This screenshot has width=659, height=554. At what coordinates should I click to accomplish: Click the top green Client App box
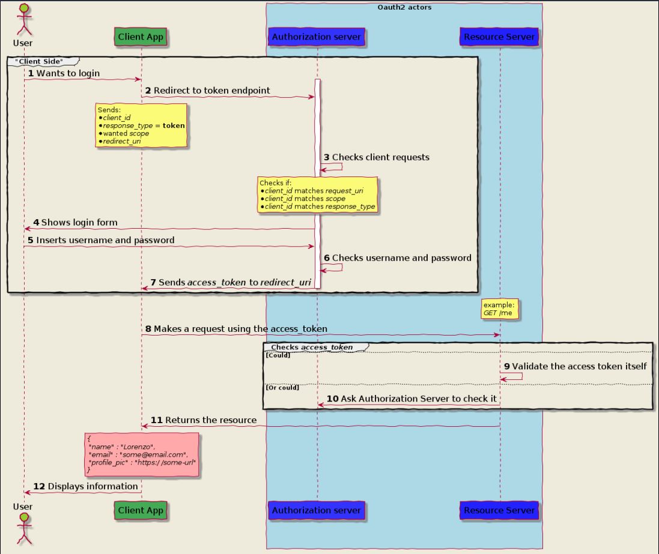(x=141, y=37)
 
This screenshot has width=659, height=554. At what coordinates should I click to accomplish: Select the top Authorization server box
(x=317, y=37)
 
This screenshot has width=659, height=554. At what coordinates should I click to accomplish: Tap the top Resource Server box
(x=499, y=37)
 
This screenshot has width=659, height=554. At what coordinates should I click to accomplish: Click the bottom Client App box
(x=141, y=510)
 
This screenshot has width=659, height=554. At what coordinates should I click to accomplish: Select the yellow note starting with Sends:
(x=141, y=125)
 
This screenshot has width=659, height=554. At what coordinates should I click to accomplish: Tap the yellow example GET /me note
(x=499, y=309)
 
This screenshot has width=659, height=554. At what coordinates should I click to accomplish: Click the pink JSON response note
(x=142, y=455)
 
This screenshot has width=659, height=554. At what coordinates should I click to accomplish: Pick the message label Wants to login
(x=68, y=73)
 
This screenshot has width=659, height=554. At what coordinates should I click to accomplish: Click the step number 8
(x=148, y=329)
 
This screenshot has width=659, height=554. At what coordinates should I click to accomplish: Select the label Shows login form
(x=79, y=223)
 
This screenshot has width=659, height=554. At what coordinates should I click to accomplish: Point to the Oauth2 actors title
(x=404, y=7)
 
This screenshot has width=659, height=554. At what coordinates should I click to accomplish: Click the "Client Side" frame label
(x=40, y=61)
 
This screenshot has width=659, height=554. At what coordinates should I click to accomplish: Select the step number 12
(x=38, y=486)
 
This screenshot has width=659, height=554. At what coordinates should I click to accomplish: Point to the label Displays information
(x=93, y=486)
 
